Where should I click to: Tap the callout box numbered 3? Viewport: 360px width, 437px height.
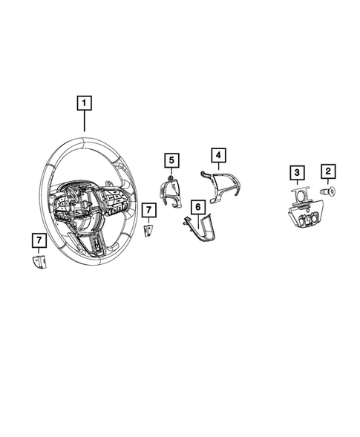click(297, 174)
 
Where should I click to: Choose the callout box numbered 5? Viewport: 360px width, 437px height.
click(171, 160)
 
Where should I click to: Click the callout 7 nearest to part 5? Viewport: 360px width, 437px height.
click(148, 211)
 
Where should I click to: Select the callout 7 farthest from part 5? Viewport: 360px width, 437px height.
click(38, 239)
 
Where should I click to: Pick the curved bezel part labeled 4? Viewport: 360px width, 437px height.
click(219, 185)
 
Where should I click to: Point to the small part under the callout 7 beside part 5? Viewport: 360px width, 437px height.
click(148, 231)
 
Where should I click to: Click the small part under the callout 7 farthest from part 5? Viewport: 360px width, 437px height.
click(39, 262)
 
